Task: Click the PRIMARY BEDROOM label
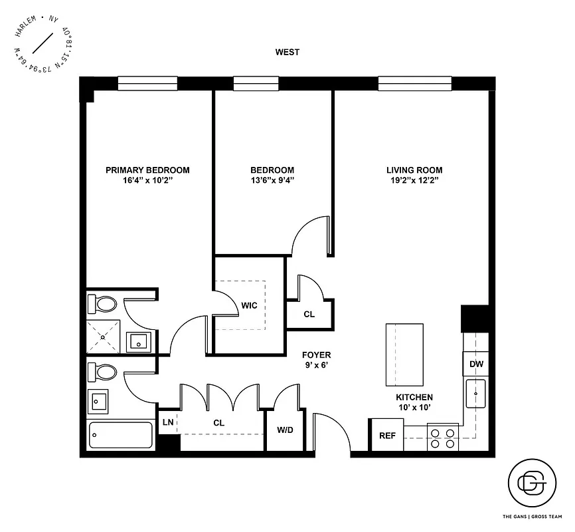[x=147, y=170]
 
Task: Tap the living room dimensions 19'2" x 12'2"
[x=414, y=180]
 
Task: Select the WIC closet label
[x=249, y=305]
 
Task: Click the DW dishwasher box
[x=476, y=364]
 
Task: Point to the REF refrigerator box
[x=386, y=436]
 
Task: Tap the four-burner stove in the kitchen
[x=443, y=438]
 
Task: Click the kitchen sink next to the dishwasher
[x=475, y=393]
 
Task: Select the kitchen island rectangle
[x=404, y=354]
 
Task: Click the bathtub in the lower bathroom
[x=122, y=436]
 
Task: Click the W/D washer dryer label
[x=286, y=430]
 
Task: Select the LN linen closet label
[x=168, y=422]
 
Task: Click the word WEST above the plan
[x=287, y=52]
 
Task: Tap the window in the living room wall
[x=415, y=83]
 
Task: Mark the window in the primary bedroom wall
[x=147, y=83]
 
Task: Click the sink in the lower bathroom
[x=98, y=402]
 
